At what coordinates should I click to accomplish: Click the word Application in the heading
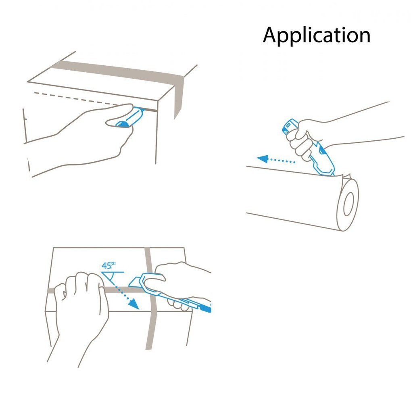(317, 35)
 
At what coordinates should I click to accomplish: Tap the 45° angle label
(108, 265)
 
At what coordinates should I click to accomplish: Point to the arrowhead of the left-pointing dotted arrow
(262, 159)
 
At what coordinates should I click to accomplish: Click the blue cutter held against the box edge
(130, 118)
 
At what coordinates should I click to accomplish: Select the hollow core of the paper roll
(348, 204)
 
